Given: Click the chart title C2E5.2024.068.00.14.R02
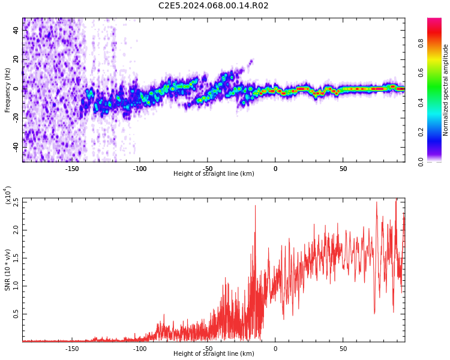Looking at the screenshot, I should (213, 6).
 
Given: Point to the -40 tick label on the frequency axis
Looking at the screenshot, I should (16, 147).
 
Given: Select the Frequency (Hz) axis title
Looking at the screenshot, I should (8, 90).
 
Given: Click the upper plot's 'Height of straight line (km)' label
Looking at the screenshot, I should (214, 174).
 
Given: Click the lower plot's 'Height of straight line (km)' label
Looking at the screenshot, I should (214, 353).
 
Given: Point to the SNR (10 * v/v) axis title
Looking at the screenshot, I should (8, 270).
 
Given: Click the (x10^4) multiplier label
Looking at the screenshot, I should (8, 196).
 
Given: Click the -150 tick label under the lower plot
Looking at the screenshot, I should (72, 348).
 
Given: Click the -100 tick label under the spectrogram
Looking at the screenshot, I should (140, 169).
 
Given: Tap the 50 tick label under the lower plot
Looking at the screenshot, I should (343, 348).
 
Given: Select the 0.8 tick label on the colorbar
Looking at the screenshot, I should (437, 43).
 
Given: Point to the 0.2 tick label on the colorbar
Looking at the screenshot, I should (437, 132).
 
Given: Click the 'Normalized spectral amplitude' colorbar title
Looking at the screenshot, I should (446, 90).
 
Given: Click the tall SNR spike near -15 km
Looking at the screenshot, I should (255, 207).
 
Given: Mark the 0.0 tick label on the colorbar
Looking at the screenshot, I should (437, 161).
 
